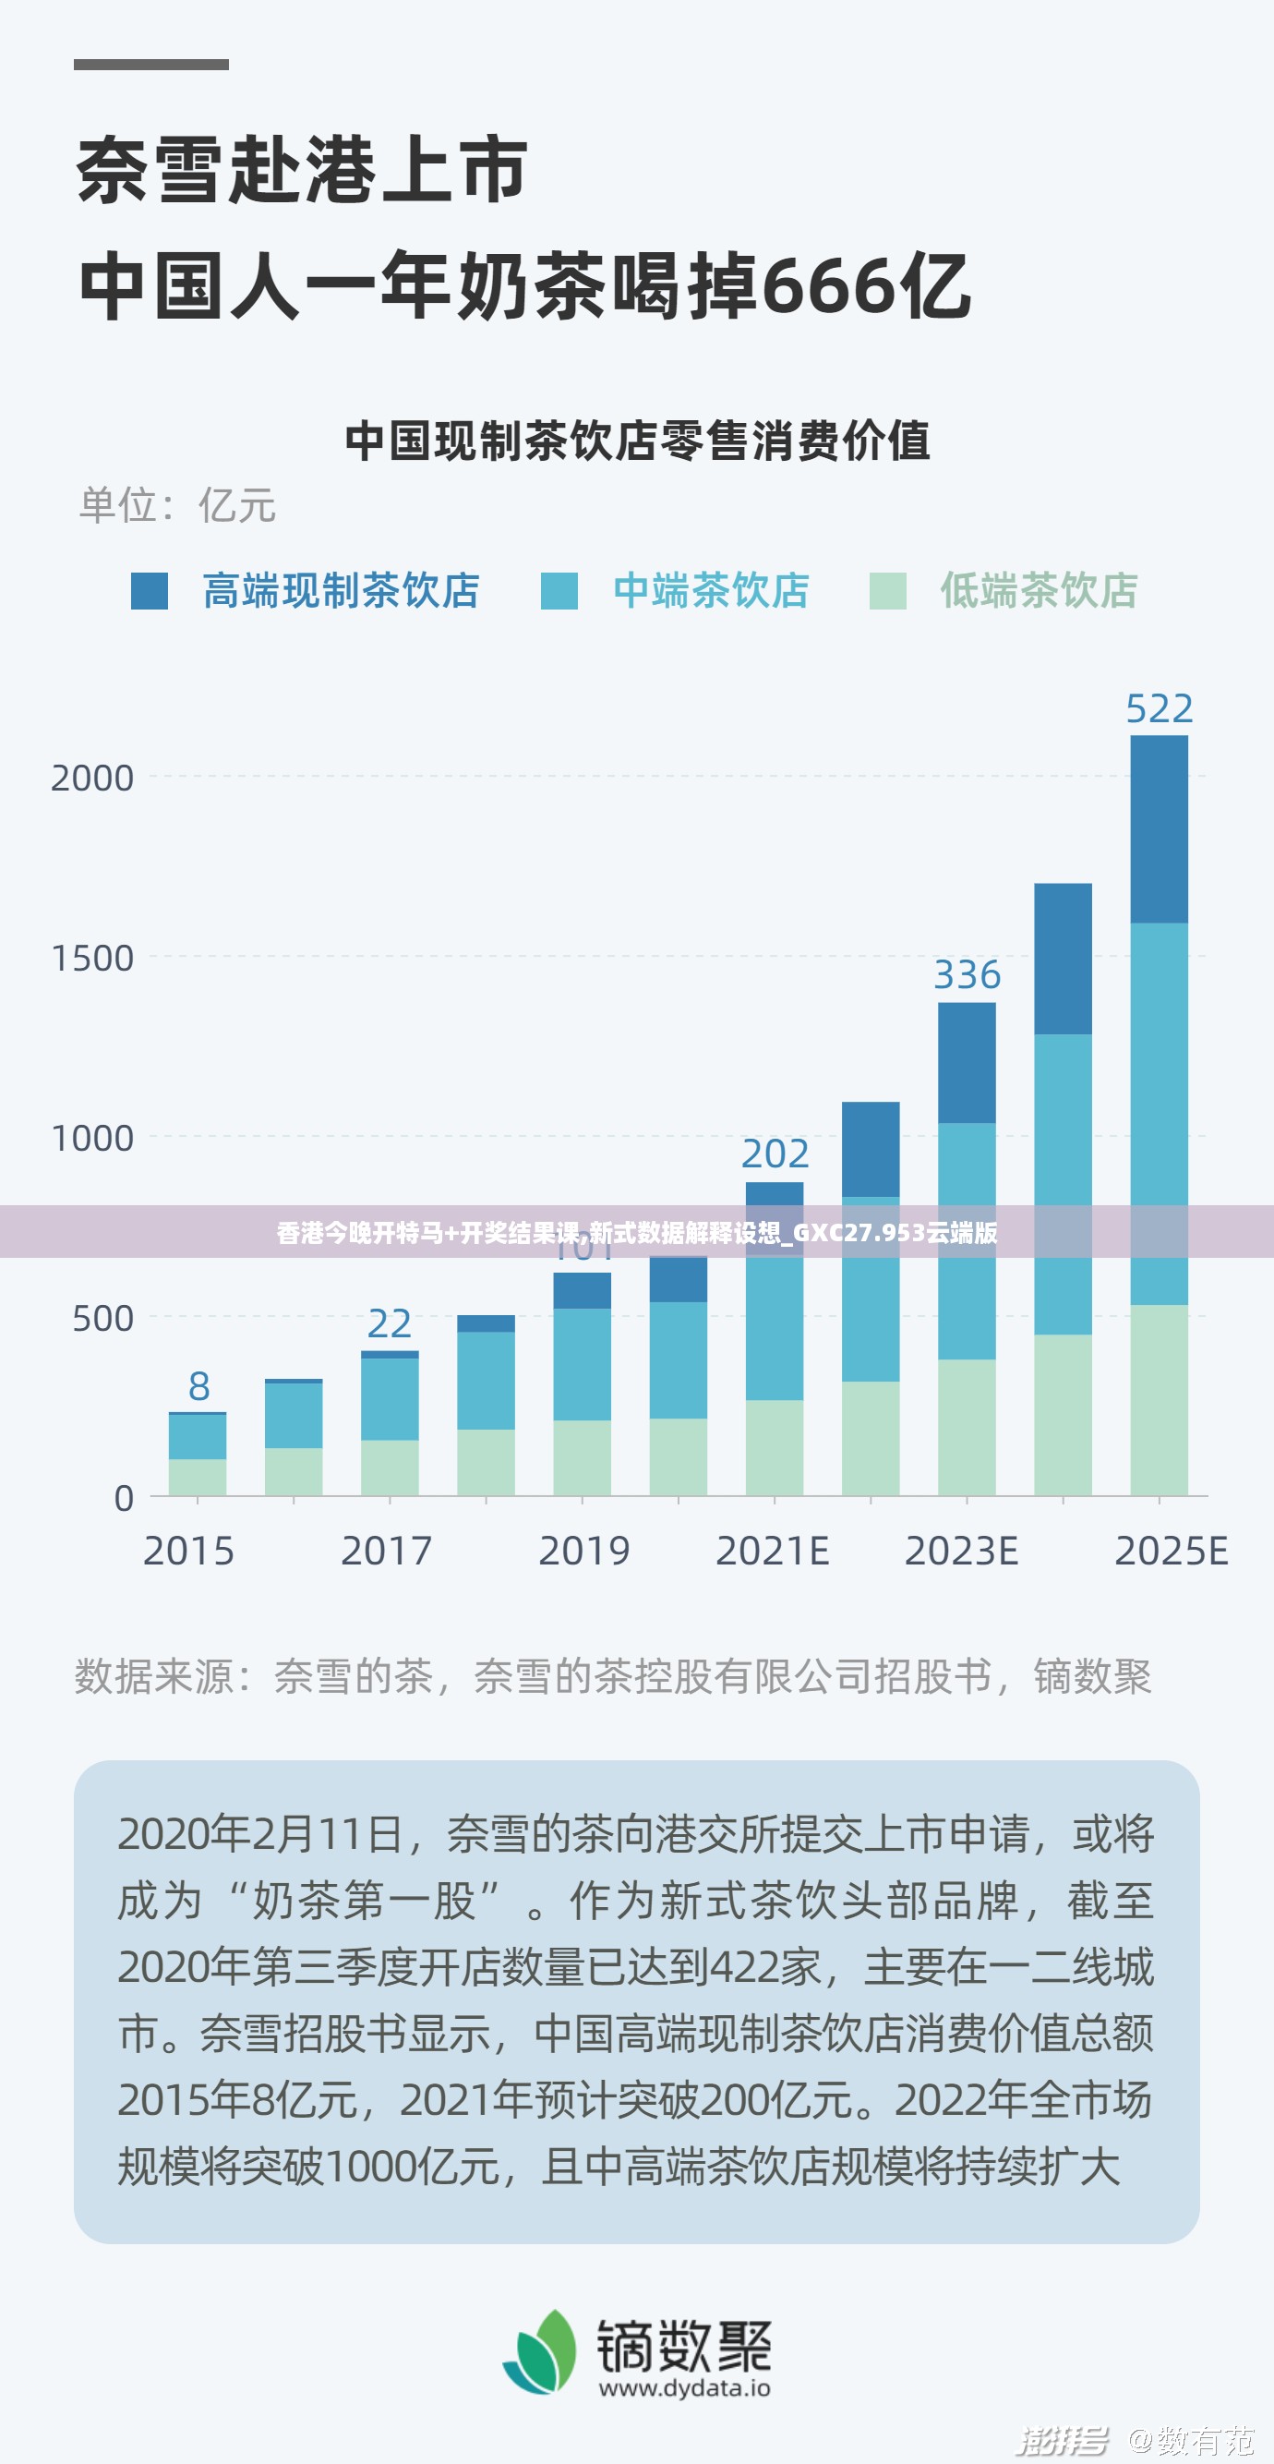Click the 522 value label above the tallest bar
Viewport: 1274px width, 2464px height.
click(1159, 708)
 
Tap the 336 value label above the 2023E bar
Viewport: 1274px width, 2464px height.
click(967, 974)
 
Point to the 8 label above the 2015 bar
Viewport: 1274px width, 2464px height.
click(198, 1386)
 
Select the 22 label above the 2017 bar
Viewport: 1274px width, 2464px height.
click(390, 1323)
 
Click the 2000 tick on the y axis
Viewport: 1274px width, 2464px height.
click(92, 779)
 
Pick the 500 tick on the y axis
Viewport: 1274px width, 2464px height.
click(102, 1319)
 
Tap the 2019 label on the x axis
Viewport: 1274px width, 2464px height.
click(583, 1552)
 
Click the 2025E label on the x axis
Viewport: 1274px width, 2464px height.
click(1171, 1552)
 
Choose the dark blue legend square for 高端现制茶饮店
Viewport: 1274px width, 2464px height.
click(150, 591)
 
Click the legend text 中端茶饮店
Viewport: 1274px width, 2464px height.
click(711, 590)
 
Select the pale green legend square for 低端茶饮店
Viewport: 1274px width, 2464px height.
click(887, 591)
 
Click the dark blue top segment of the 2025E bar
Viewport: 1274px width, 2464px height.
click(1159, 828)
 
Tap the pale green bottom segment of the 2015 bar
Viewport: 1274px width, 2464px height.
click(198, 1476)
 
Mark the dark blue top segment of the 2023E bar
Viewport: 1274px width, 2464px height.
click(967, 1062)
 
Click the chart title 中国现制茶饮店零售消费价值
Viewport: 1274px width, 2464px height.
click(637, 441)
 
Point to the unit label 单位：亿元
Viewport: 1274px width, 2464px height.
click(177, 505)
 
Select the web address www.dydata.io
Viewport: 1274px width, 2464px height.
click(685, 2388)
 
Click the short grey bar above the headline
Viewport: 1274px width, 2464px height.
click(151, 65)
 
